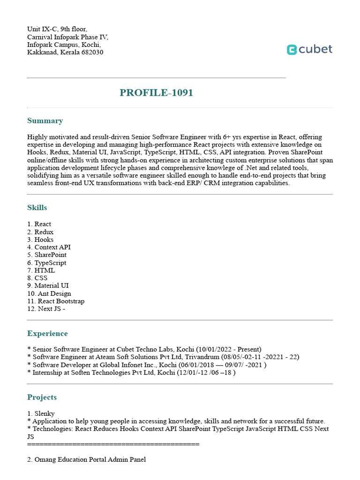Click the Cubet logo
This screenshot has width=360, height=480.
click(309, 49)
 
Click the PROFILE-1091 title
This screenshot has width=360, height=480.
click(156, 93)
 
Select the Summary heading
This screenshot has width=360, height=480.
click(45, 121)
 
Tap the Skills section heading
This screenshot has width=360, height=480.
click(37, 208)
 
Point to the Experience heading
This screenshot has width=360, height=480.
click(47, 334)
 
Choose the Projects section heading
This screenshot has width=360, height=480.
click(42, 397)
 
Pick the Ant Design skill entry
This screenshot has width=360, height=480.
click(54, 293)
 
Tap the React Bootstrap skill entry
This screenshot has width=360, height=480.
click(61, 301)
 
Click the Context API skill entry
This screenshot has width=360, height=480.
click(52, 247)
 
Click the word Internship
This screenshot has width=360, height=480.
click(48, 373)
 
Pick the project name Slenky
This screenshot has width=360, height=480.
click(45, 413)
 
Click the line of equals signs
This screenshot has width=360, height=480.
click(113, 444)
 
